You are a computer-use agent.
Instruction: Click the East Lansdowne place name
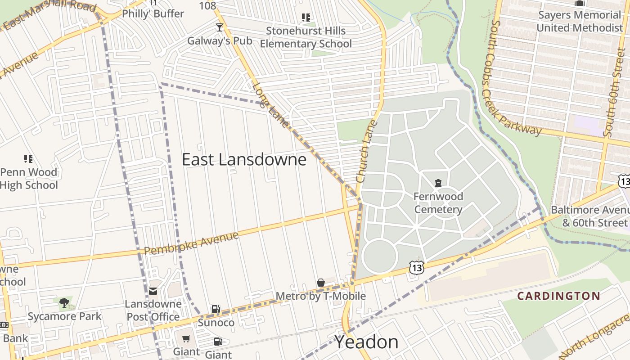click(x=244, y=160)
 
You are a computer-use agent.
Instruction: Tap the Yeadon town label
click(x=366, y=342)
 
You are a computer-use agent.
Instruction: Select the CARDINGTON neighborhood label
click(x=558, y=296)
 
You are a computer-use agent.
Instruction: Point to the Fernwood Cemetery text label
click(x=438, y=203)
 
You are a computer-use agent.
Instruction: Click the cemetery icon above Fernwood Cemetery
click(x=438, y=183)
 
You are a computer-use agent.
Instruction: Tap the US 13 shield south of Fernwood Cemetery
click(x=417, y=267)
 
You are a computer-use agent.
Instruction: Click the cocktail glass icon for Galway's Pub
click(x=219, y=27)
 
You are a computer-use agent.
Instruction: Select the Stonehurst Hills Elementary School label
click(x=306, y=37)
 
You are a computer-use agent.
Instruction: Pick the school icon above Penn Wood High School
click(x=28, y=159)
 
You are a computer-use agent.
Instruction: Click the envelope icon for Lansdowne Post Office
click(x=153, y=291)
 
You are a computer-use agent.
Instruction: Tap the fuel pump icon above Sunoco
click(x=216, y=309)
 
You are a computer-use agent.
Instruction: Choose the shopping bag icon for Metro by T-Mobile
click(x=321, y=283)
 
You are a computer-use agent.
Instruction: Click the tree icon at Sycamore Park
click(x=64, y=302)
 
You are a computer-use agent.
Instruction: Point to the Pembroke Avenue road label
click(x=191, y=243)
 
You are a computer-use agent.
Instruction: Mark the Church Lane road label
click(x=365, y=151)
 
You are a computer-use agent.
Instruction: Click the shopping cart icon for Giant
click(x=186, y=338)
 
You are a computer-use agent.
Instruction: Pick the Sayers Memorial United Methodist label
click(x=580, y=21)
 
